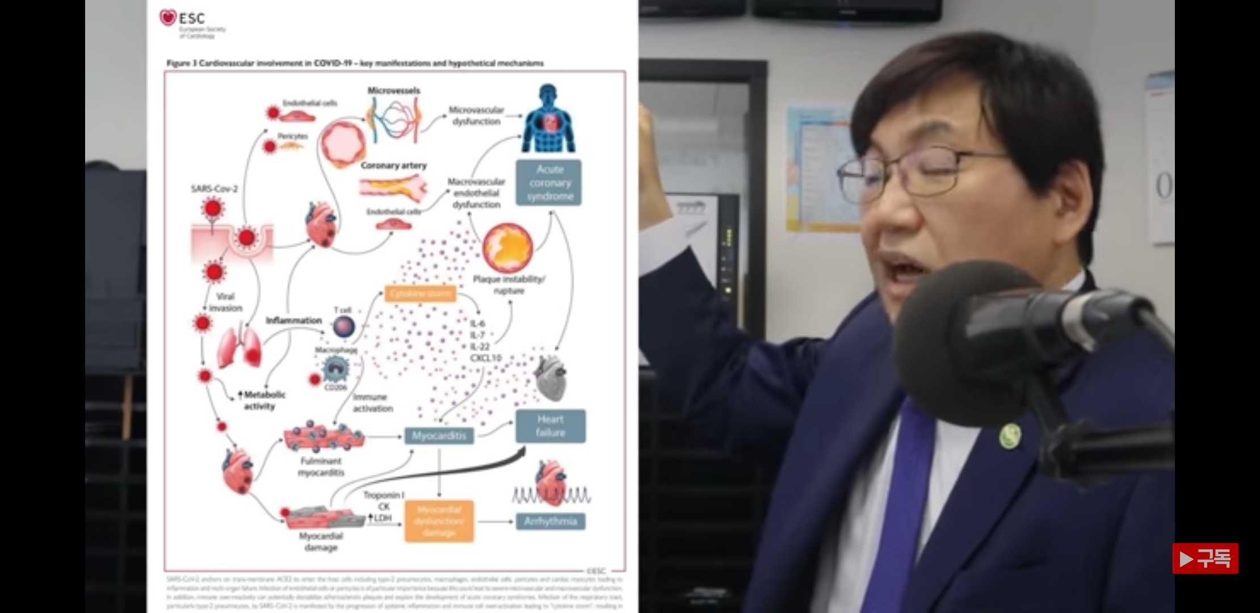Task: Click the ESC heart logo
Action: click(x=167, y=18)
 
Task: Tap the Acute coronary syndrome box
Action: click(x=549, y=183)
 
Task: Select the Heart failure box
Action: click(x=550, y=426)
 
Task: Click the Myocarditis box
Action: click(x=439, y=436)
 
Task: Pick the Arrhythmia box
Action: click(x=550, y=521)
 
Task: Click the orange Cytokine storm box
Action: click(x=420, y=293)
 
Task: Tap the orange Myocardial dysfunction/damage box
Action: click(x=439, y=521)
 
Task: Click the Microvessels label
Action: click(x=393, y=91)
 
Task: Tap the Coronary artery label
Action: click(x=393, y=166)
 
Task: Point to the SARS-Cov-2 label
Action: click(x=214, y=189)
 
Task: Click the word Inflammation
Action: click(x=293, y=321)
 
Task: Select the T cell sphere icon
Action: click(x=343, y=327)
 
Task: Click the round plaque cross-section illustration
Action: click(x=507, y=247)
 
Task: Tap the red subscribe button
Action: click(x=1205, y=559)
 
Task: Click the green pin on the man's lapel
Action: click(x=1010, y=436)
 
